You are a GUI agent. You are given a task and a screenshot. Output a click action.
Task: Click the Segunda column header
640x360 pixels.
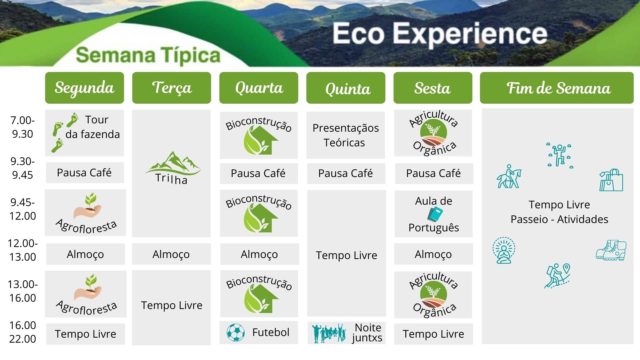[x=84, y=88]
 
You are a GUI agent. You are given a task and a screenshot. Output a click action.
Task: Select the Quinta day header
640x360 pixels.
[x=346, y=88]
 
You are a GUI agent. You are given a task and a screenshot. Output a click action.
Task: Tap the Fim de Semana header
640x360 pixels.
[x=557, y=88]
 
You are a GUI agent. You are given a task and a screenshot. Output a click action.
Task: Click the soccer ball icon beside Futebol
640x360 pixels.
[x=235, y=332]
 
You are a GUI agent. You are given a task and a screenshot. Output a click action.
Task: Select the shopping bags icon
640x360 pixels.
[x=611, y=180]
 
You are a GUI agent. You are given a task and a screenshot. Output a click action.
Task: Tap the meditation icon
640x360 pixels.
[x=504, y=250]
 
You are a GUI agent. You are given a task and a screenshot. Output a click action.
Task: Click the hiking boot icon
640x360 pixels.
[x=611, y=250]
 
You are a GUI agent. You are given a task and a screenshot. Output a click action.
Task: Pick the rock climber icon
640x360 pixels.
[x=560, y=155]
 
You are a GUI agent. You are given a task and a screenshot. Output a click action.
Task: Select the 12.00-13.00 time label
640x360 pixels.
[x=23, y=250]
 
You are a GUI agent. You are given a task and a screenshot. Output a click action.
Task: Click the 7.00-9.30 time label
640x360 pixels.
[x=23, y=127]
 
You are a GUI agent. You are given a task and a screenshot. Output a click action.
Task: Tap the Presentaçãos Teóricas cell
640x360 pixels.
[x=346, y=135]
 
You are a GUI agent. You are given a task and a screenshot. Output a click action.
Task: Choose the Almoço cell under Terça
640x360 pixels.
[x=171, y=254]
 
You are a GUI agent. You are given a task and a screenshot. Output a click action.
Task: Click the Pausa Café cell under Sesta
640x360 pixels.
[x=434, y=173]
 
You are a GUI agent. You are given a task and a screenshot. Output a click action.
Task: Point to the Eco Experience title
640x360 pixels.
[x=440, y=34]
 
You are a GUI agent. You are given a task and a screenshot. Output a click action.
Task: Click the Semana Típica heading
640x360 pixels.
[x=148, y=55]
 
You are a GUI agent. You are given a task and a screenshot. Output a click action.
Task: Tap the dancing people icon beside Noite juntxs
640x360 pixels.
[x=329, y=333]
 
